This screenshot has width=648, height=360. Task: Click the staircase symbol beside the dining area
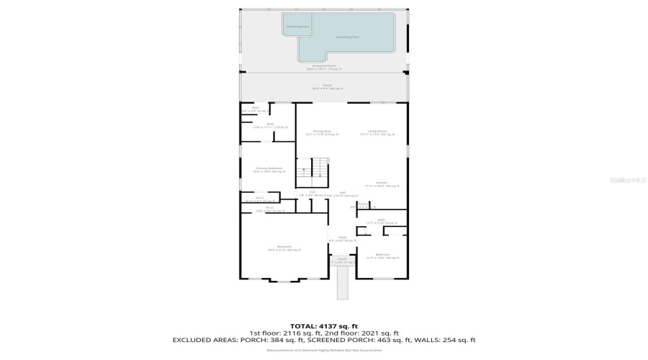(313, 169)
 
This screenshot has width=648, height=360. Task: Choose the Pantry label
(364, 205)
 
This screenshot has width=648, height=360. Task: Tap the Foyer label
(342, 238)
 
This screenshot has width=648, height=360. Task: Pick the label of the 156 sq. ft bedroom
(382, 256)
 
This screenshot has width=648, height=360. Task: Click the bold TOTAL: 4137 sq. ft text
(323, 325)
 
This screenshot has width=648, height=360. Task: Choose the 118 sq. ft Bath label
(271, 125)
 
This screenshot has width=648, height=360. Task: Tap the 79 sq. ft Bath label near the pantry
(381, 222)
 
